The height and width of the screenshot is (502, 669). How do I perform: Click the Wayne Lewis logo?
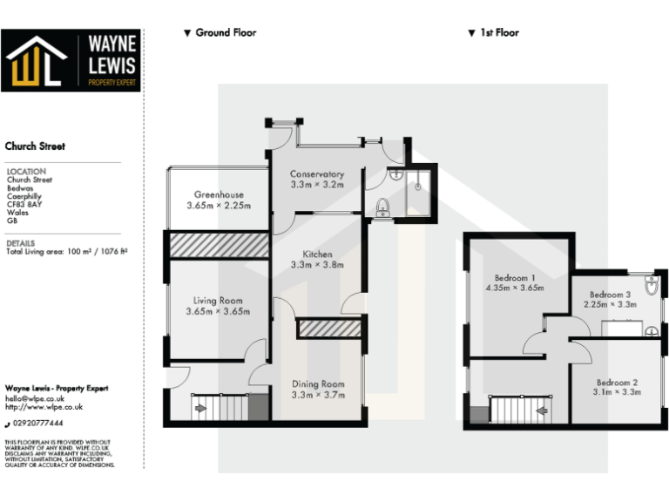click(x=71, y=60)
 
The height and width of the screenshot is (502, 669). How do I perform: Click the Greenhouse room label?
click(x=219, y=194)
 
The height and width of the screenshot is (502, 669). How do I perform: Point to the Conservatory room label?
click(x=317, y=174)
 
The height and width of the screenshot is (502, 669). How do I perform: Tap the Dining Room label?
click(x=317, y=384)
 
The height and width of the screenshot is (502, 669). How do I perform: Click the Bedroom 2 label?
click(x=618, y=383)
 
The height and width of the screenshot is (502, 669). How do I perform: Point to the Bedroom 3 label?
click(x=610, y=295)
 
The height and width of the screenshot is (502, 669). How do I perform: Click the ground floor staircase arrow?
click(x=199, y=407)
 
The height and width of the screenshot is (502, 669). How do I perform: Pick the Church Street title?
click(x=36, y=146)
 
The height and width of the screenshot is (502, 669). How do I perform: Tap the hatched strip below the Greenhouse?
click(x=219, y=245)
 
